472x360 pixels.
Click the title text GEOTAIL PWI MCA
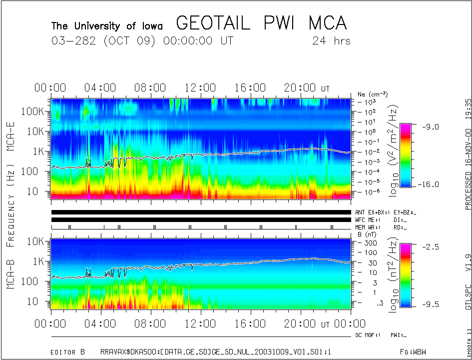pos(261,23)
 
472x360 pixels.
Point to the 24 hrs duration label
pos(331,41)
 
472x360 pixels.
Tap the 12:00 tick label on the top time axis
pos(200,88)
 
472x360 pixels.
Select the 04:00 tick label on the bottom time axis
pos(101,324)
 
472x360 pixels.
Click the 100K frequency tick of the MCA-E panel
pos(33,111)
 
